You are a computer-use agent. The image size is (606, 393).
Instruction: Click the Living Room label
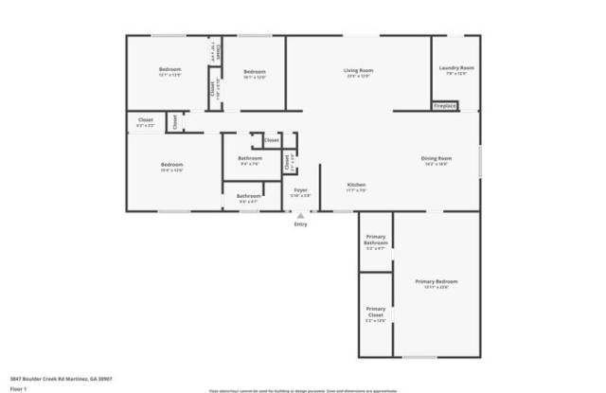[x=358, y=70]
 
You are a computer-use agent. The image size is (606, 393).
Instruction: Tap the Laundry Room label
[x=456, y=68]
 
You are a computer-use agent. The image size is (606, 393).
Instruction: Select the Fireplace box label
[x=445, y=106]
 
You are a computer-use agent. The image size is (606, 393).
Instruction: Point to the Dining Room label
[x=437, y=158]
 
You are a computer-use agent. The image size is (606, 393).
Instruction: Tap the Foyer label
[x=301, y=190]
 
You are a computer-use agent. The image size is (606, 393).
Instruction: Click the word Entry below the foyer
[x=301, y=224]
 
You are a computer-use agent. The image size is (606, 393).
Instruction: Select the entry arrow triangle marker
[x=301, y=215]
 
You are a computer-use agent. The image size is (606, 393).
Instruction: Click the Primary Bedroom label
[x=437, y=281]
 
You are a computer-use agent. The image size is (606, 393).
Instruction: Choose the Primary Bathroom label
[x=376, y=242]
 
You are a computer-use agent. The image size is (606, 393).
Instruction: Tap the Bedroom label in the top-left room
[x=170, y=70]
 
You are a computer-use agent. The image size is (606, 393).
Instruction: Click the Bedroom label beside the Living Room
[x=254, y=72]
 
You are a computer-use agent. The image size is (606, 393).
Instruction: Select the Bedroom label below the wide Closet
[x=171, y=165]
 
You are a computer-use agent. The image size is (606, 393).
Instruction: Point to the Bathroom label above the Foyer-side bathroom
[x=250, y=158]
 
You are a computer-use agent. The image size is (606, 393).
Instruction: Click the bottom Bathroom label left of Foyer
[x=248, y=196]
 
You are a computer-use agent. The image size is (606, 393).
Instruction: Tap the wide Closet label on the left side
[x=146, y=120]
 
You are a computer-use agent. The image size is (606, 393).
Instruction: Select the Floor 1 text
[x=18, y=387]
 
